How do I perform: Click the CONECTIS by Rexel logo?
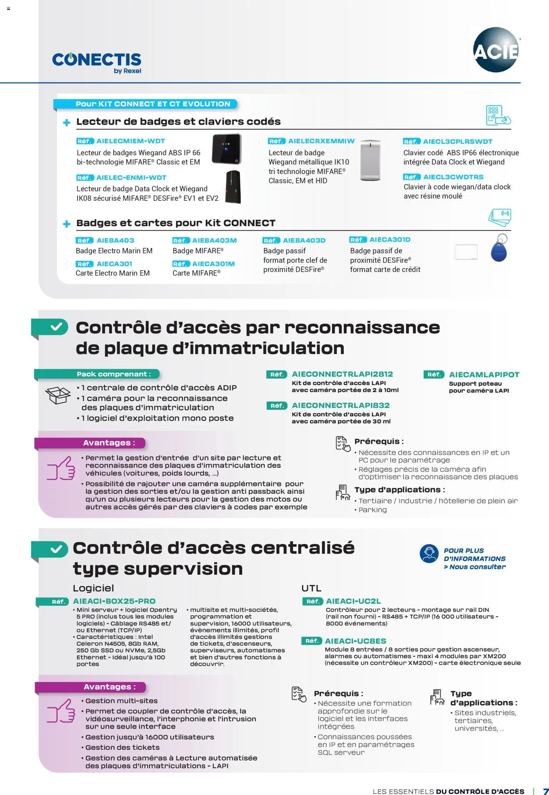click(97, 62)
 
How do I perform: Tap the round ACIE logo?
click(496, 50)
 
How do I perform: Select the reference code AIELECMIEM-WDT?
click(130, 141)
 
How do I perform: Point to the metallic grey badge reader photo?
click(370, 160)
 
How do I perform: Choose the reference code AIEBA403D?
click(304, 240)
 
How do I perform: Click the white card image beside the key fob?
click(466, 252)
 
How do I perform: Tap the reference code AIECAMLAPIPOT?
click(484, 375)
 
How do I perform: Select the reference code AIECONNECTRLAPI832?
click(340, 405)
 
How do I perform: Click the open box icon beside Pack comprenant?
click(58, 395)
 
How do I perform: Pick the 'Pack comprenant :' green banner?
click(113, 374)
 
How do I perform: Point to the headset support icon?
click(429, 553)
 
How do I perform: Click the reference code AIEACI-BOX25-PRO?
click(114, 601)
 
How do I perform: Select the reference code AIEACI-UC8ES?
click(355, 641)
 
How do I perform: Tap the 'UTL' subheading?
click(311, 588)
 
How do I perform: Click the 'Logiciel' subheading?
click(93, 588)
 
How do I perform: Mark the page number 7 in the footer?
click(545, 791)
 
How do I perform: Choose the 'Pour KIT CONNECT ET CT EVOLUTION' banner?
click(153, 104)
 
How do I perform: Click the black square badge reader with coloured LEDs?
click(226, 149)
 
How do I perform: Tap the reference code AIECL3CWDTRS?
click(453, 177)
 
